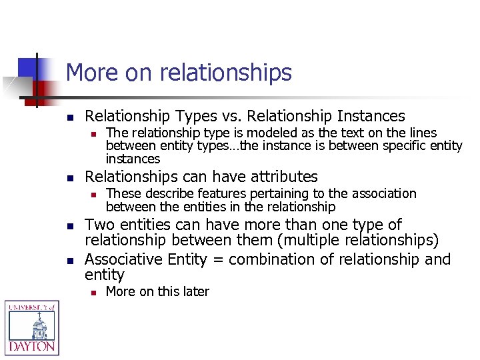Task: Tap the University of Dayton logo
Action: click(31, 327)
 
